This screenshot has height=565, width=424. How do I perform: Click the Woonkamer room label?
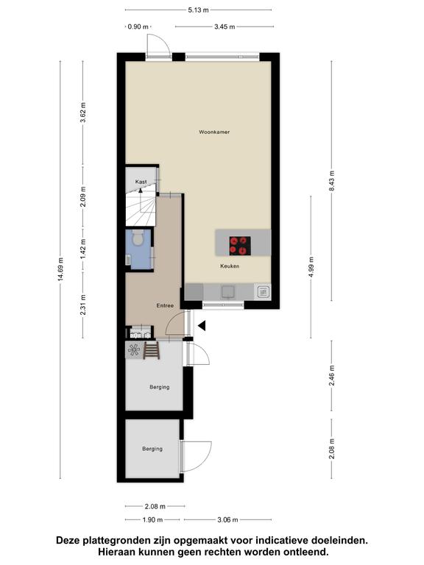pos(214,132)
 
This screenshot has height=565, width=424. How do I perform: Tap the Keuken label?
pos(230,266)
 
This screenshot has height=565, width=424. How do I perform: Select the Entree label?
pos(165,305)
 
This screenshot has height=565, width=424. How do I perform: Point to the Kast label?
pos(141,182)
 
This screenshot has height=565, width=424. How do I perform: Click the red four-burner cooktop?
pos(240,246)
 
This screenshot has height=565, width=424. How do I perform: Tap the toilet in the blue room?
pos(138,238)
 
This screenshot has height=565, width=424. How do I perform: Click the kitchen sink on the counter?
pos(228,292)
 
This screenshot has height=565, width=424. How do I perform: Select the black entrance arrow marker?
pos(202,326)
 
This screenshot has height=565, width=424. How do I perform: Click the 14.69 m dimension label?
pos(60,269)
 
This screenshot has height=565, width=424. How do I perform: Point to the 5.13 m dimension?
pos(198,10)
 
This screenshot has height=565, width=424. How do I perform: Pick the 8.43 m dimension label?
pos(332,182)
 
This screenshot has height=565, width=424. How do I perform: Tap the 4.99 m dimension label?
pos(311,267)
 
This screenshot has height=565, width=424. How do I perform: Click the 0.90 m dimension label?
pos(138,26)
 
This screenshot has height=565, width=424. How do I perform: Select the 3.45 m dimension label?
pos(225,26)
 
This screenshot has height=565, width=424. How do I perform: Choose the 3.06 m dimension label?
pos(227,519)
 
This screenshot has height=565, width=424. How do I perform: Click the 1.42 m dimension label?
pos(83,249)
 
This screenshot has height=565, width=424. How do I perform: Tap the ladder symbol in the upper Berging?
pos(152,350)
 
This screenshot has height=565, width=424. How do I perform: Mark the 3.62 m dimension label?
pos(83,113)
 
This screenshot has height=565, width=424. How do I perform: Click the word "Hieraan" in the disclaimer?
pos(116,552)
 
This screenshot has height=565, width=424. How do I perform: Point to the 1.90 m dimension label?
pos(152,519)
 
